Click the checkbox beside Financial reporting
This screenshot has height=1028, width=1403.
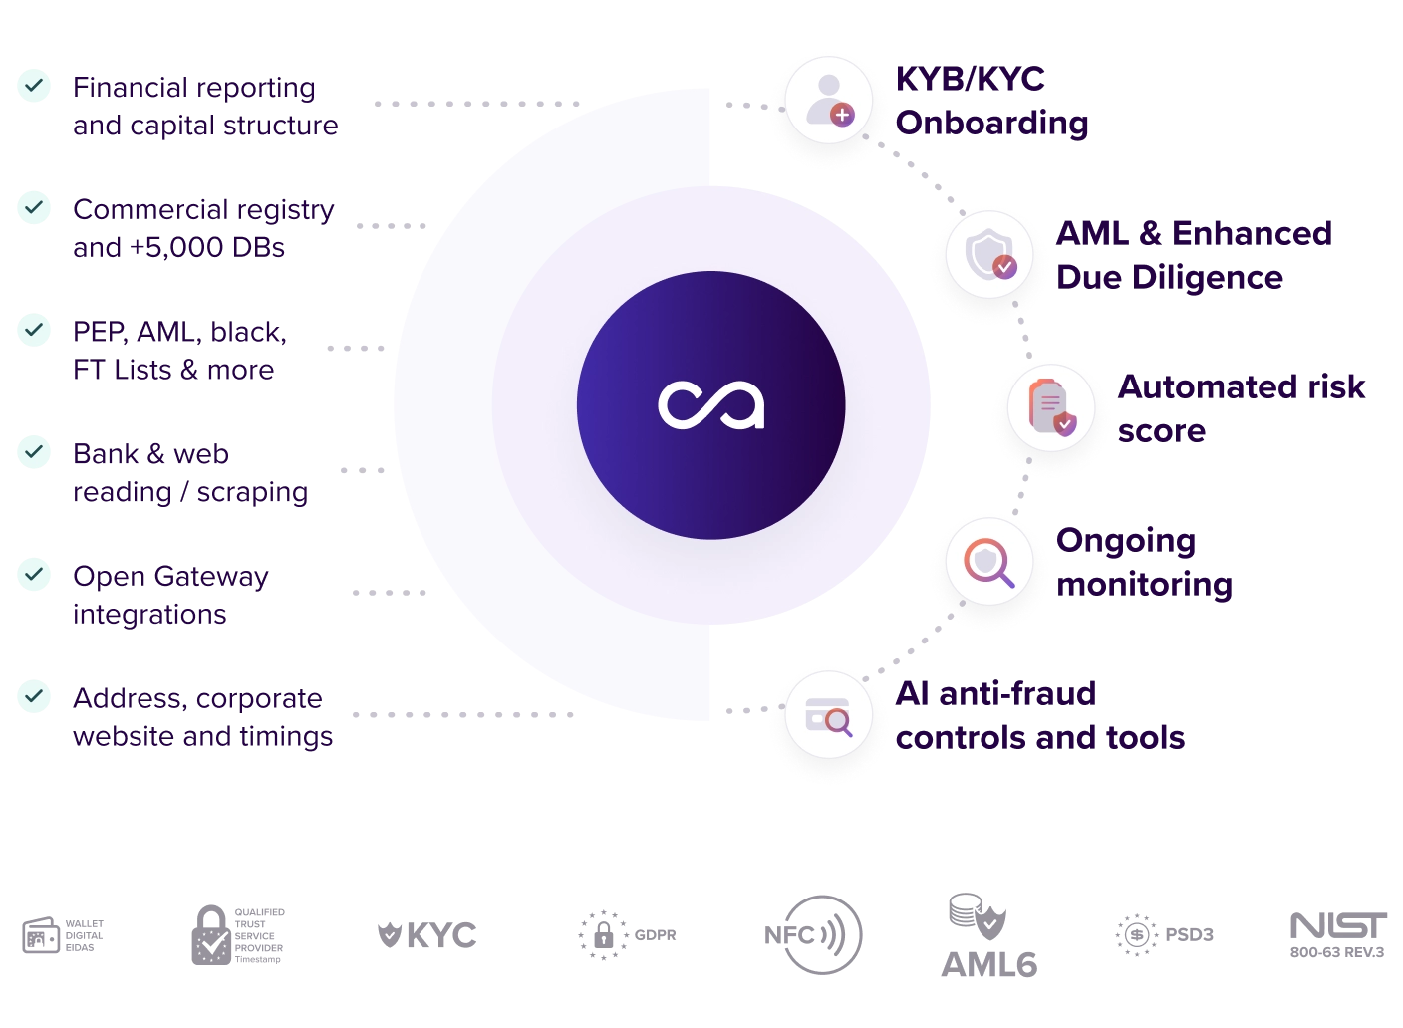(x=35, y=86)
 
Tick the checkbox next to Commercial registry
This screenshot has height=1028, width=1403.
(x=35, y=208)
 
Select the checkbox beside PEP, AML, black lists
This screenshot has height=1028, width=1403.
(x=35, y=330)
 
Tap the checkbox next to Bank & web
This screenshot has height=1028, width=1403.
(x=35, y=452)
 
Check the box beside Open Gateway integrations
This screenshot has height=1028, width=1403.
(x=35, y=575)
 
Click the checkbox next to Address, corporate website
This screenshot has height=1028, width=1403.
(x=35, y=697)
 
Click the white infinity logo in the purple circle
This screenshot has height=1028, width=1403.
(x=710, y=405)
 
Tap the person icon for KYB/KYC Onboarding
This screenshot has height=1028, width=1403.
(x=827, y=100)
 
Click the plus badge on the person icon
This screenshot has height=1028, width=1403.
(x=842, y=115)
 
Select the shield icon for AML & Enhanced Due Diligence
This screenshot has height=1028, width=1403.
(x=989, y=255)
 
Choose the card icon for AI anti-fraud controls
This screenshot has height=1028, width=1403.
(x=828, y=716)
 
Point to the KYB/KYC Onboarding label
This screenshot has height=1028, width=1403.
(x=990, y=101)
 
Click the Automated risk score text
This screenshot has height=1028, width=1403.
(x=1241, y=407)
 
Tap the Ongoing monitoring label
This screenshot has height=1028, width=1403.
(x=1144, y=563)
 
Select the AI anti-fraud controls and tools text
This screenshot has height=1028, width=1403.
(x=1039, y=714)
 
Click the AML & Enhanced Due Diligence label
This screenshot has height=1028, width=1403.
(x=1192, y=254)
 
